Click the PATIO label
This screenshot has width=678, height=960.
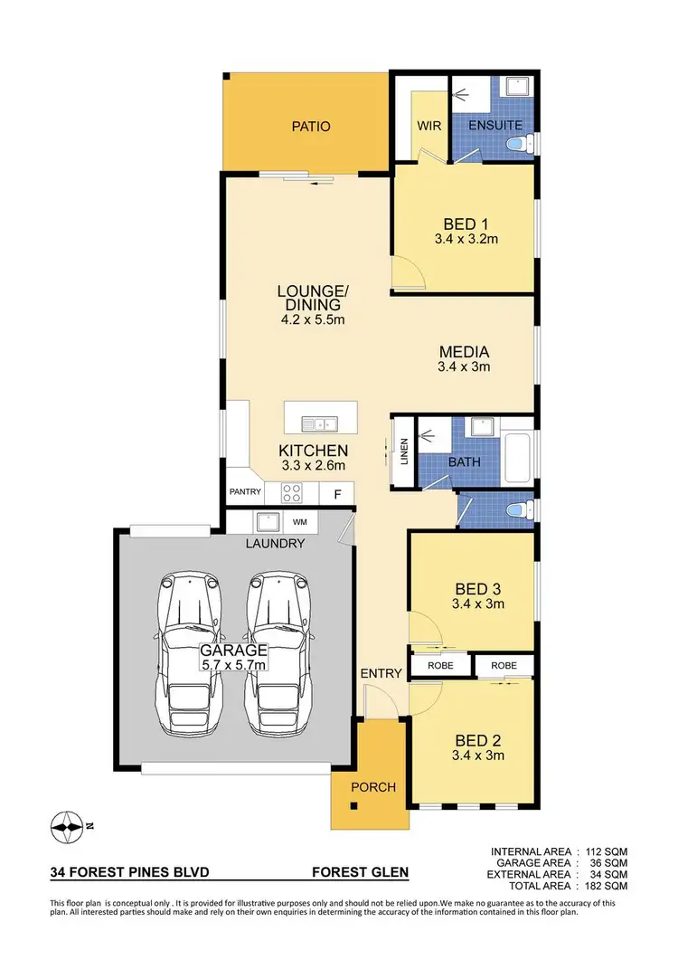[x=310, y=127]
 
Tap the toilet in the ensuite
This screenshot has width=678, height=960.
[x=517, y=142]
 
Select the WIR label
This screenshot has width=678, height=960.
[x=429, y=127]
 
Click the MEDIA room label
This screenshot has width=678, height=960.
[x=464, y=352]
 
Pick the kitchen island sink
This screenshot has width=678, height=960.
[x=319, y=423]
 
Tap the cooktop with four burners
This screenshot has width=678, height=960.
[x=293, y=493]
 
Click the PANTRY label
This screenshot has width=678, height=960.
[x=245, y=493]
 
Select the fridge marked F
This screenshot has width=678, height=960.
[x=337, y=494]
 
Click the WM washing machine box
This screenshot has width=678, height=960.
[x=299, y=523]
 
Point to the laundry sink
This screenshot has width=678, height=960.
[x=267, y=522]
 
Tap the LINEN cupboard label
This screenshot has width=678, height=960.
[x=404, y=450]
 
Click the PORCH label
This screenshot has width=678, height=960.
[x=373, y=787]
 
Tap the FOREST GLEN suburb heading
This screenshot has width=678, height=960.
[x=360, y=873]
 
